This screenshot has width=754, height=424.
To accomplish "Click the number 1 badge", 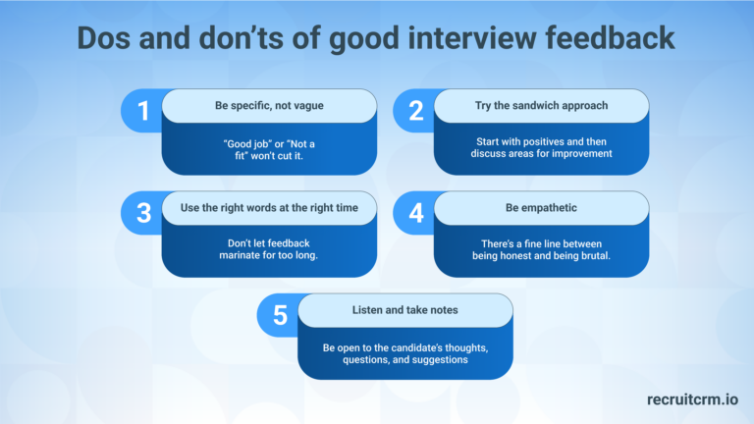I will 143,111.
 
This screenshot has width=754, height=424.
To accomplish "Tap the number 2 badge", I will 415,111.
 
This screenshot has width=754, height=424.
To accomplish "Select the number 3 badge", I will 143,212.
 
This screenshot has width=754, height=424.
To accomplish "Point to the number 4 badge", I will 415,212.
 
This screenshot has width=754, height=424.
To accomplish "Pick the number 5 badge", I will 280,315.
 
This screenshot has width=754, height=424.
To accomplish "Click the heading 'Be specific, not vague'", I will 269,105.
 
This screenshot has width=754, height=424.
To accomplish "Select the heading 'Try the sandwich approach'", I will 541,105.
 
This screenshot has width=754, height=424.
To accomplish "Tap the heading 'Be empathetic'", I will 541,207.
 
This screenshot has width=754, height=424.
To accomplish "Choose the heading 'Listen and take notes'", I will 404,310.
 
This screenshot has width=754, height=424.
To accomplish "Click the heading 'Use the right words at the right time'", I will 269,207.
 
